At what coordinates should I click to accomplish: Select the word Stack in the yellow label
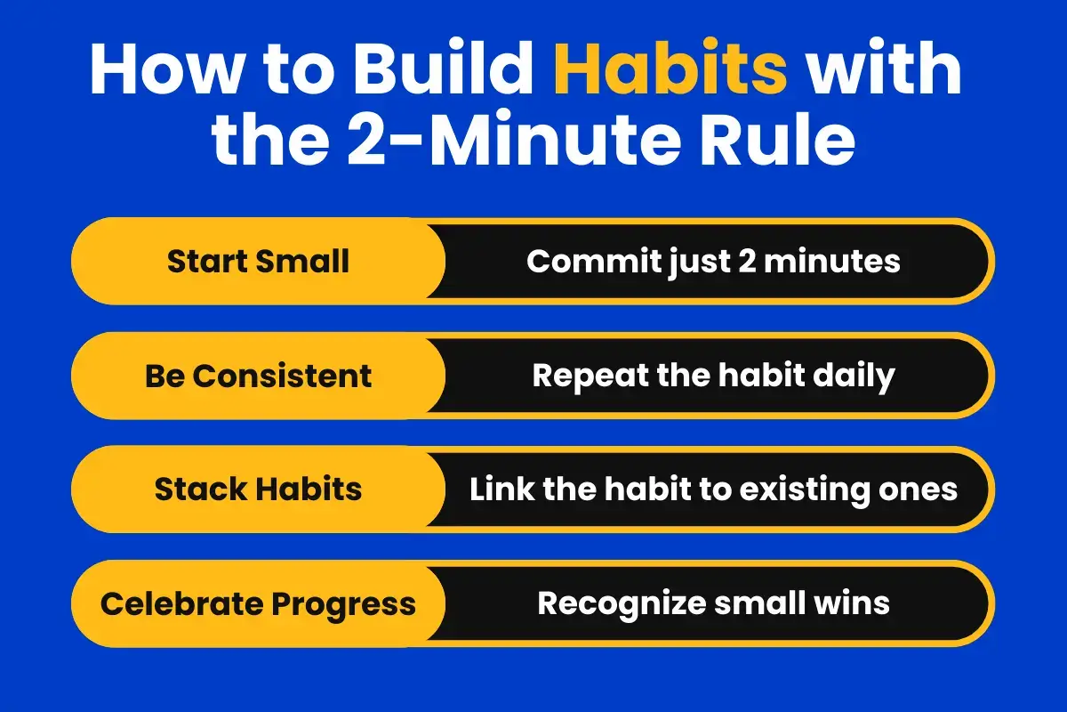coord(195,489)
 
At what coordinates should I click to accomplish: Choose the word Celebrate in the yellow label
coord(181,603)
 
